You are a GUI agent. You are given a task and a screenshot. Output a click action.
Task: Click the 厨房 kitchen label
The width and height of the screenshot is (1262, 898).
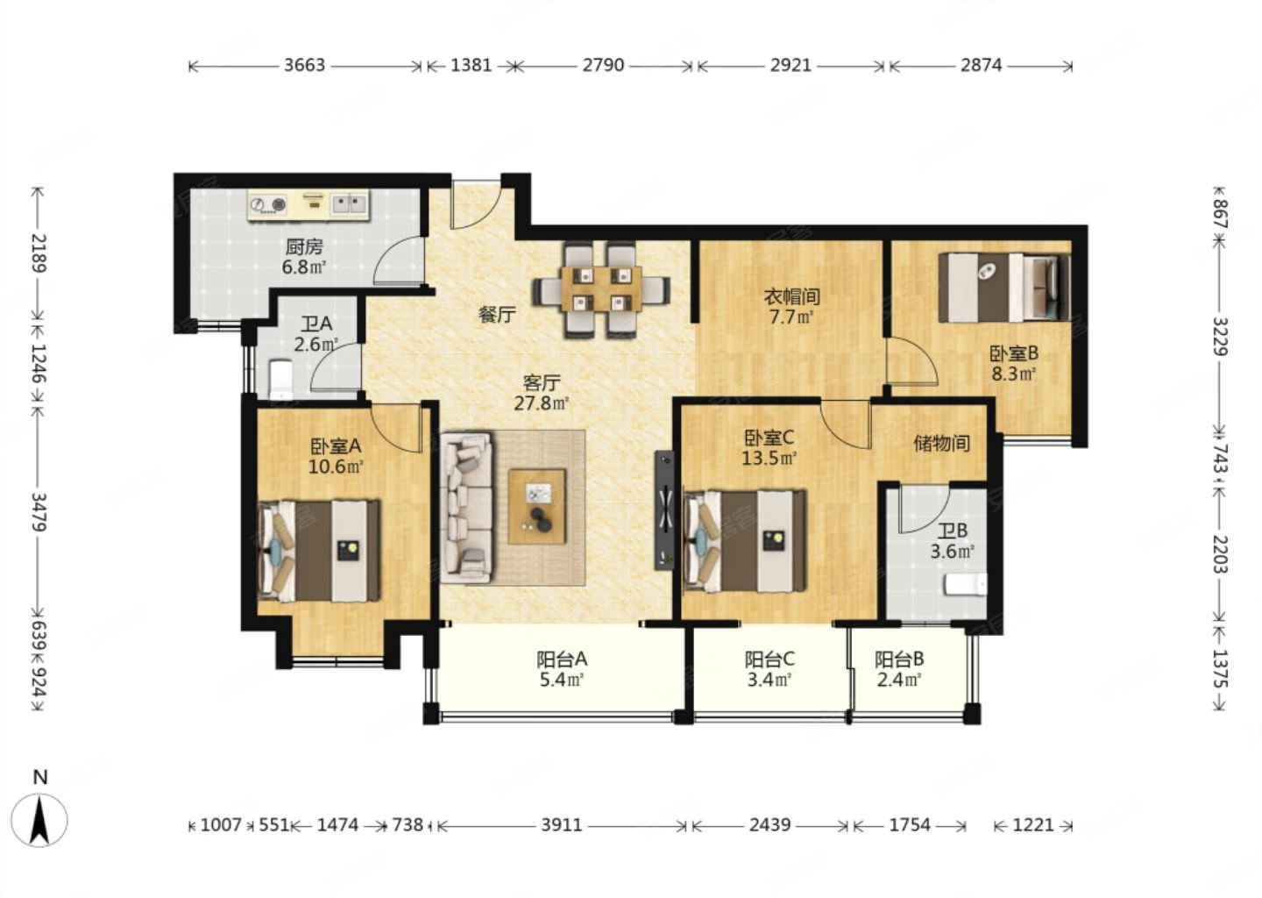303,246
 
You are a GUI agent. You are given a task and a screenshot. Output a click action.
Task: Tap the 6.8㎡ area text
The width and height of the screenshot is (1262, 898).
303,267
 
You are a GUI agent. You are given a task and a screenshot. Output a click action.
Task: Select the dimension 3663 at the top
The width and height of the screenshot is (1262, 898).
304,66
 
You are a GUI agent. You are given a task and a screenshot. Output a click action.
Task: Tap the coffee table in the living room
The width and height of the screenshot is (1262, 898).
537,507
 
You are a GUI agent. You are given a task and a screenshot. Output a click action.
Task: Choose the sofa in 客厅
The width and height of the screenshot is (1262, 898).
465,508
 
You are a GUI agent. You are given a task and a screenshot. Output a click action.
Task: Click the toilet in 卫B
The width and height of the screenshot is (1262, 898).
966,585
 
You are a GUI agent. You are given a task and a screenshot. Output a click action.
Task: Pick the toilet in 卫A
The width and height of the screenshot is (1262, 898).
280,380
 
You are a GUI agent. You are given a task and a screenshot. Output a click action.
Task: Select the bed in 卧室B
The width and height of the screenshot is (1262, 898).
1004,288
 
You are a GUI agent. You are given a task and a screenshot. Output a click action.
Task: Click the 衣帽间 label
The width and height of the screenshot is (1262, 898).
791,296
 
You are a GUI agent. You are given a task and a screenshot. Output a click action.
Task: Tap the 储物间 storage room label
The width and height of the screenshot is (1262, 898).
941,444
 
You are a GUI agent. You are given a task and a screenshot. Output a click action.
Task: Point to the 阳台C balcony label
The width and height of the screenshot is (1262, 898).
769,659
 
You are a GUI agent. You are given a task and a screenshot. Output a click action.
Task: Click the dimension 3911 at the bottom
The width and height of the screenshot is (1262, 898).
562,825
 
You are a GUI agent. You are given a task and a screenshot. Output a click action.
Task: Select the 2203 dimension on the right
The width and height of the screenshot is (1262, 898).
1219,554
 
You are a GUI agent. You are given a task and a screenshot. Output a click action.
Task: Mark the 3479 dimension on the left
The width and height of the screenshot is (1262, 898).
39,512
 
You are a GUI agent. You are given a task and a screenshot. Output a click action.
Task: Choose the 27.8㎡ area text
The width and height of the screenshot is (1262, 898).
541,403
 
